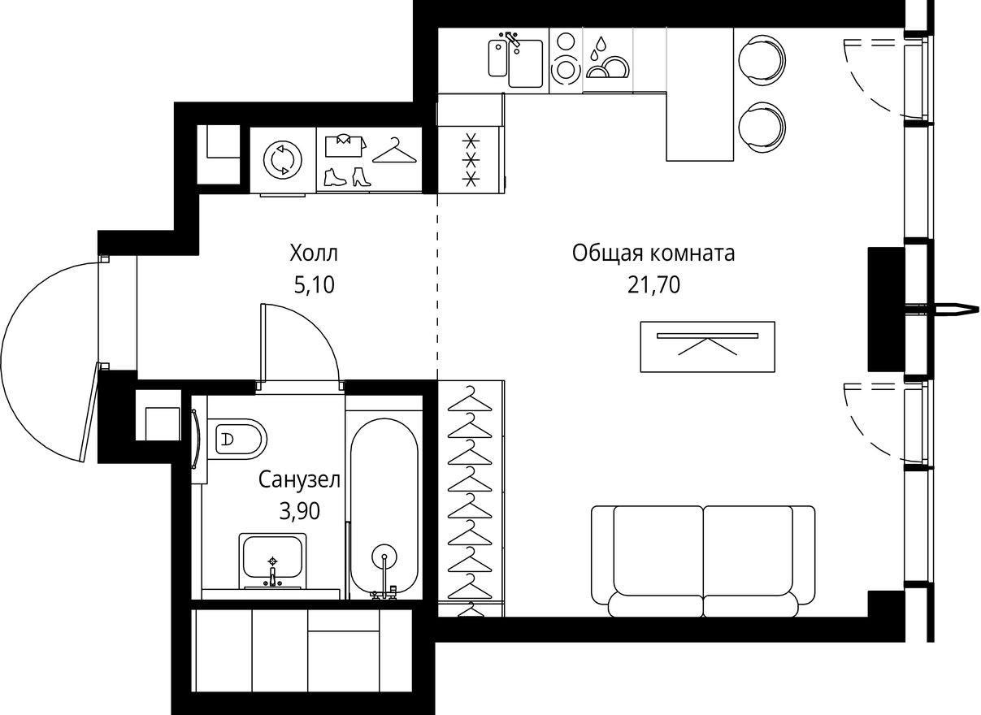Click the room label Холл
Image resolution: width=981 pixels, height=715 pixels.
(314, 253)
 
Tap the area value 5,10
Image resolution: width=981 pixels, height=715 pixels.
(314, 284)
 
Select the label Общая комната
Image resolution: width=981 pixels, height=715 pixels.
(653, 253)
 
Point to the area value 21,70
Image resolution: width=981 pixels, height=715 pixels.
(653, 284)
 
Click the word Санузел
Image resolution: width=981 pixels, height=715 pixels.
(299, 480)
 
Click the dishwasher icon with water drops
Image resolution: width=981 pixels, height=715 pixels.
(606, 58)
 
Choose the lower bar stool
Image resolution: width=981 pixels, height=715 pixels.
(762, 126)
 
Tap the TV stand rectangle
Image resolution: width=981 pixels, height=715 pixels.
(707, 347)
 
